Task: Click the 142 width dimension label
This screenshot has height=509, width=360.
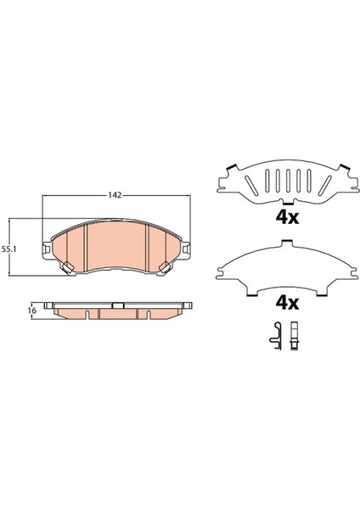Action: pyautogui.click(x=115, y=195)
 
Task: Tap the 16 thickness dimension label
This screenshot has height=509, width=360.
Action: pyautogui.click(x=32, y=310)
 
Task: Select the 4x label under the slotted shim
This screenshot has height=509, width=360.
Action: pyautogui.click(x=287, y=218)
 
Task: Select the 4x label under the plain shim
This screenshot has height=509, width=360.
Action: pyautogui.click(x=287, y=303)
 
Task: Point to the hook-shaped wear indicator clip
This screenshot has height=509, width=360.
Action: pyautogui.click(x=275, y=336)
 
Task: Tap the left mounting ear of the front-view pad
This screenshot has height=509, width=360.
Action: pyautogui.click(x=47, y=249)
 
